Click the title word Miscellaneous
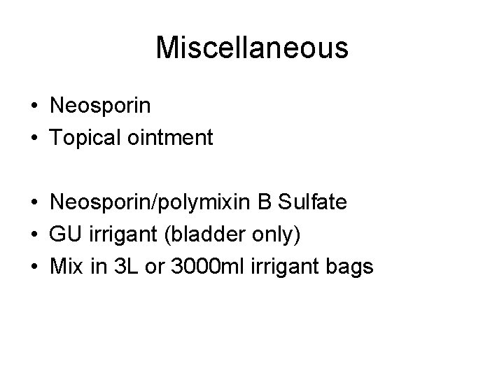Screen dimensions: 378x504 (251, 48)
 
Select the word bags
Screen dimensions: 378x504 (348, 266)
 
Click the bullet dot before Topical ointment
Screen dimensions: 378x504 (34, 139)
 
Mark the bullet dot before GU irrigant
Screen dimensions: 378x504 (34, 234)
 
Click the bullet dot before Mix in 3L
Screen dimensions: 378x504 (34, 267)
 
